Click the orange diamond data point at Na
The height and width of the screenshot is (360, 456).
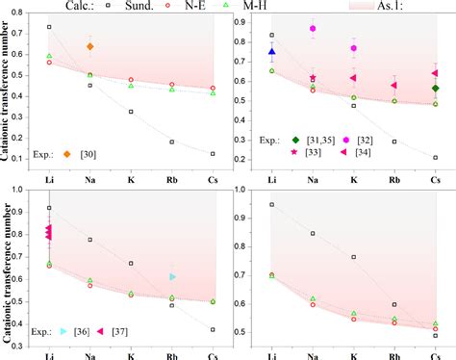[x=90, y=46]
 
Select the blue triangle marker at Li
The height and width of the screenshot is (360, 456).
[x=272, y=52]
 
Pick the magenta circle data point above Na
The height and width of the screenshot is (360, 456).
[x=313, y=29]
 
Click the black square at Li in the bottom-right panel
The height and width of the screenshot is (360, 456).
[x=272, y=204]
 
